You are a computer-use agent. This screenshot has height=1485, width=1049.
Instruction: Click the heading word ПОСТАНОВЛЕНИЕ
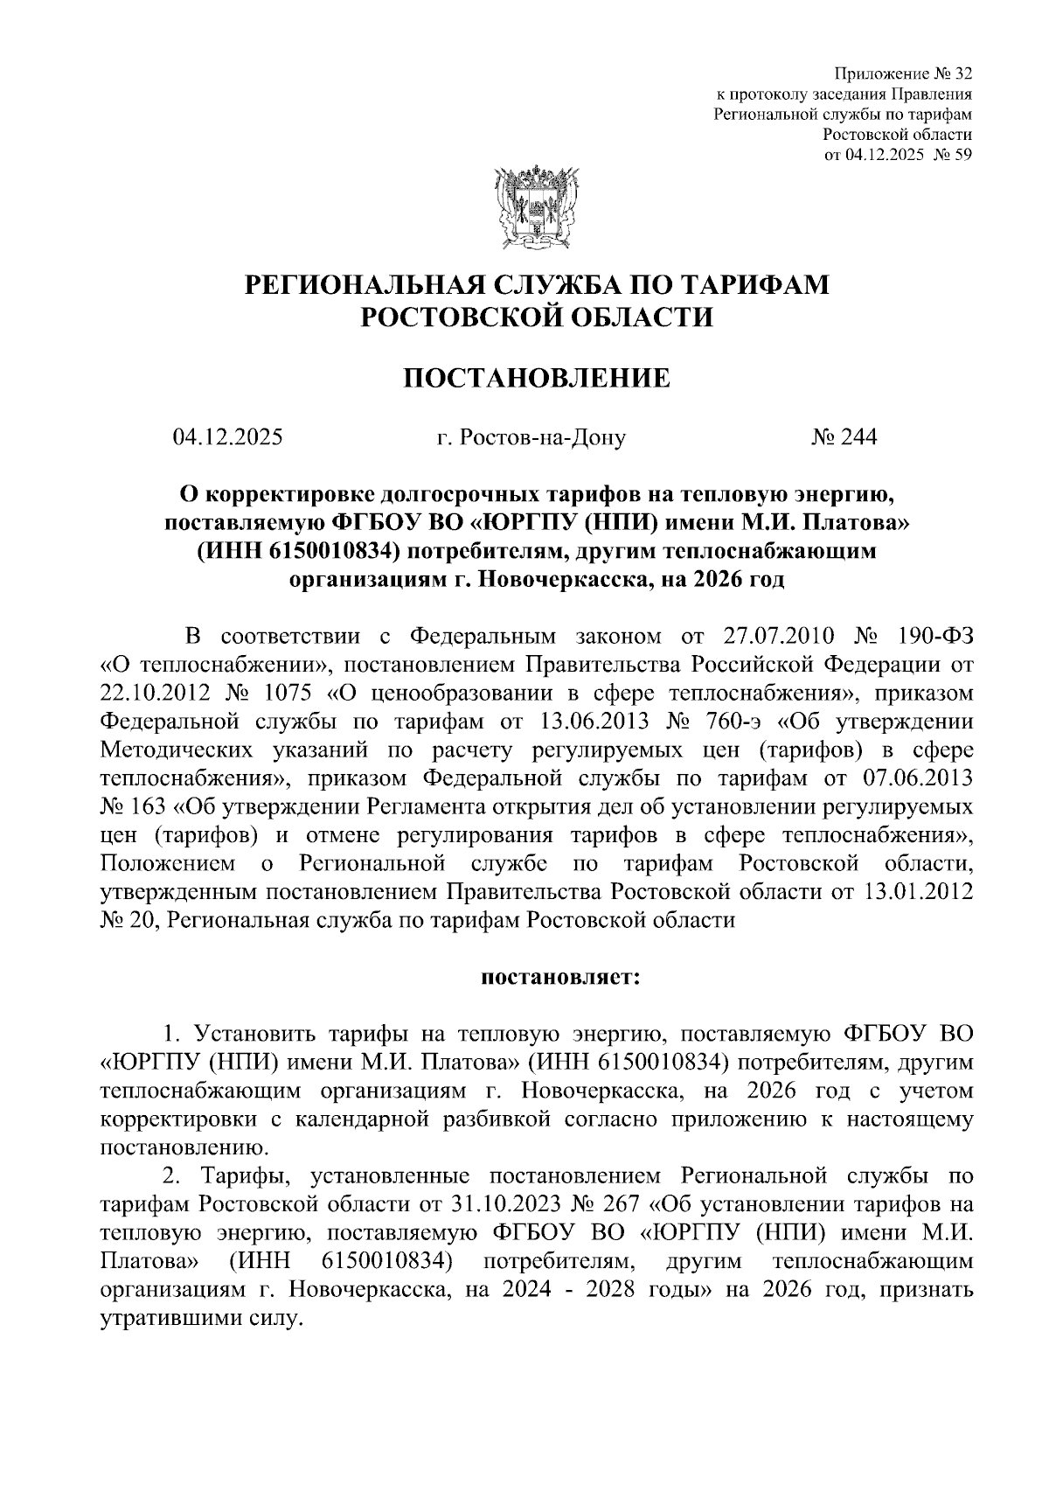535,378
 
